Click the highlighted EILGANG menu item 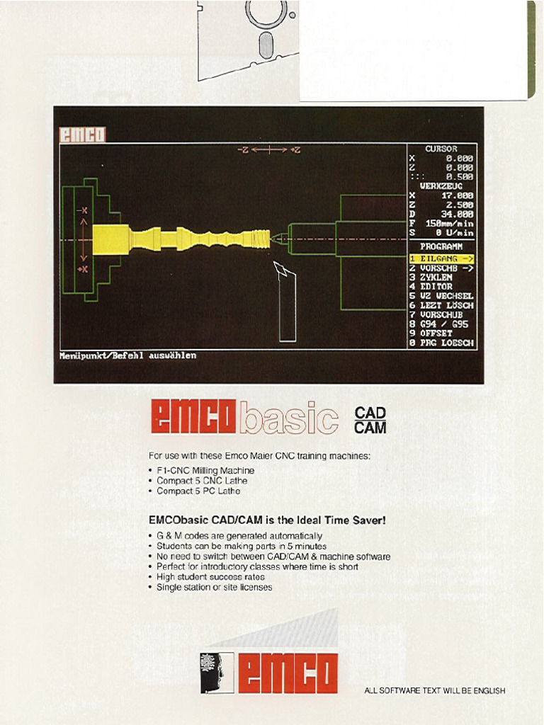[442, 258]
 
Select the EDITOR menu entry [438, 287]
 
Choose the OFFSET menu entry [438, 333]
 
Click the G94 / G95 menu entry [443, 324]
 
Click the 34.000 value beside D [458, 213]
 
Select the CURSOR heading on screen [441, 149]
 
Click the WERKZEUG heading [441, 185]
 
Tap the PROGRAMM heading [441, 246]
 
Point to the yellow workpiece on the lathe [181, 238]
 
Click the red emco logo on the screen [81, 135]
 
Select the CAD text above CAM [370, 413]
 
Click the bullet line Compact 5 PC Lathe [198, 491]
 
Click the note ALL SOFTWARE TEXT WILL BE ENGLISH [434, 691]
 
